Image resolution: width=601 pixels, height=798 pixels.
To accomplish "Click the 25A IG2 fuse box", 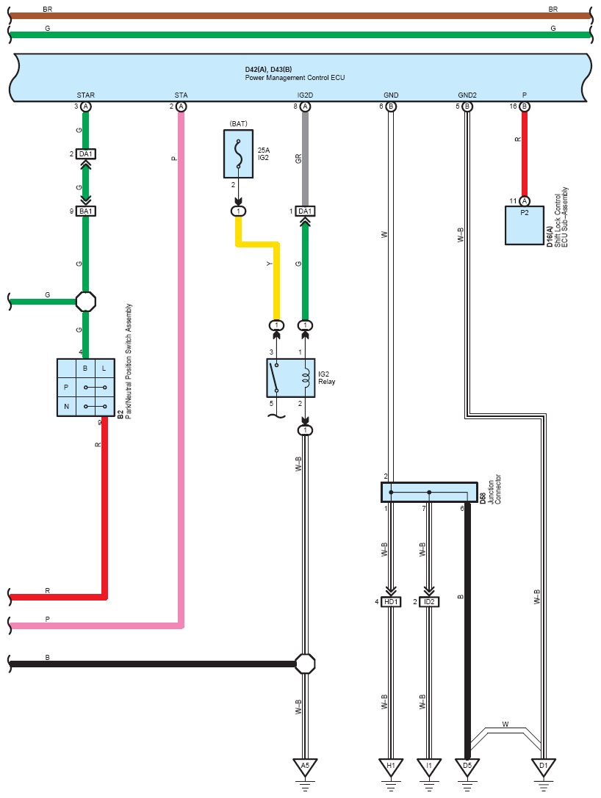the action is [x=238, y=153].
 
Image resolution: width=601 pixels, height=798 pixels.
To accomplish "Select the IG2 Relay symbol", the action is [x=290, y=378].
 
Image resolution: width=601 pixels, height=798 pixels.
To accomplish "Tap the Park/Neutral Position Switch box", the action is [x=85, y=388].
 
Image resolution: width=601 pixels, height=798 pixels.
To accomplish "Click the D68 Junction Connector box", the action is [x=429, y=492].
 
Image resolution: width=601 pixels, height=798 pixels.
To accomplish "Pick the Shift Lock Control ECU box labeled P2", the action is [x=525, y=225].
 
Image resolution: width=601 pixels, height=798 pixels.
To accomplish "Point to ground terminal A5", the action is [x=305, y=766].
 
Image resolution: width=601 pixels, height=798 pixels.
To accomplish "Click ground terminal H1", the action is [x=391, y=766].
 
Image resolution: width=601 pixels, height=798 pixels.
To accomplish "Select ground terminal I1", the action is [x=429, y=766].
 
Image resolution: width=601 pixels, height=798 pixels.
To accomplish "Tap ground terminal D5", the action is [x=467, y=766].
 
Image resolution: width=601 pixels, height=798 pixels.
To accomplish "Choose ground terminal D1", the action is [x=544, y=766].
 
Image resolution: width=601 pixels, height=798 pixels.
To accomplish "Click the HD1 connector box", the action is [x=391, y=601].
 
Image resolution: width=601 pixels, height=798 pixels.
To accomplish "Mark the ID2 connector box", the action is [x=429, y=601].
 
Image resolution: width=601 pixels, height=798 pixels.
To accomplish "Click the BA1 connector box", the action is [x=85, y=211].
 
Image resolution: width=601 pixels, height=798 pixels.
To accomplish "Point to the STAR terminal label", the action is [x=85, y=95].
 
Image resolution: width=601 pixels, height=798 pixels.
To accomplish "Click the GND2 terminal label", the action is [x=467, y=95].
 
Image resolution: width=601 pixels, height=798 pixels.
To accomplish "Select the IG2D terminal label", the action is [x=305, y=95].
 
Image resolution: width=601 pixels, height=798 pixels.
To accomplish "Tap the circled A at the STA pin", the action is [x=181, y=106].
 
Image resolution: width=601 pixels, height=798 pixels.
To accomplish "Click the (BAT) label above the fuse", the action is [x=238, y=123].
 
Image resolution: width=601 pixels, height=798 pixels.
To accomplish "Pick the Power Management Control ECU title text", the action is [x=295, y=78].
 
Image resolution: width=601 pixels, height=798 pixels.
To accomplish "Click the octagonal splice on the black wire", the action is [x=305, y=664].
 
